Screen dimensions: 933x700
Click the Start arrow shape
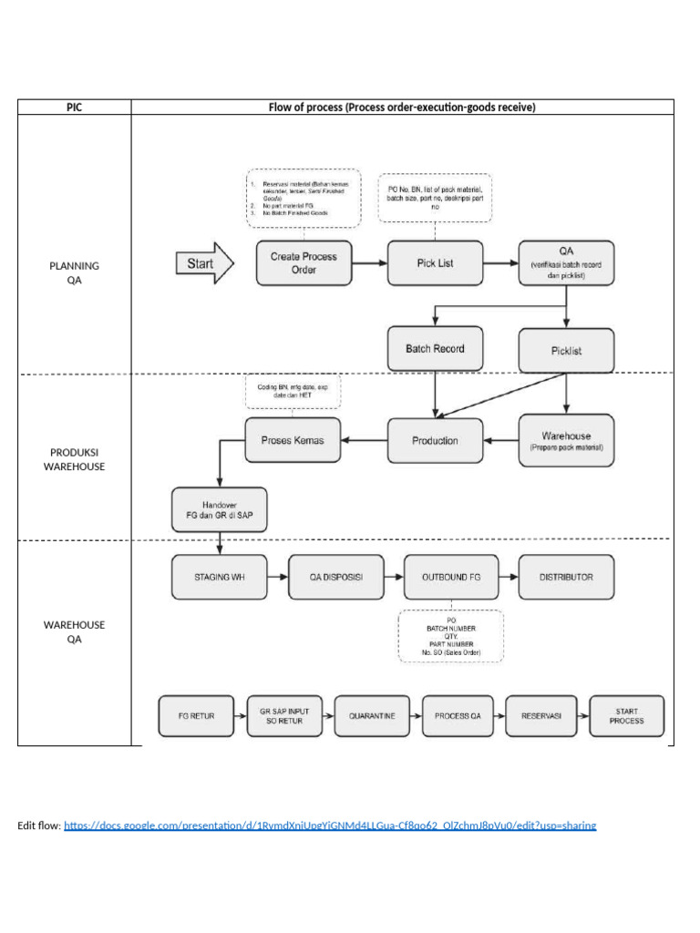[203, 264]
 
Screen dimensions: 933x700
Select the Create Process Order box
[304, 263]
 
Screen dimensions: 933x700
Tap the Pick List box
[435, 263]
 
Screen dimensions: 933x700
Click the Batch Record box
[435, 349]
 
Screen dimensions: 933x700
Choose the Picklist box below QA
[566, 351]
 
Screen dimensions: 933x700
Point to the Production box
[435, 440]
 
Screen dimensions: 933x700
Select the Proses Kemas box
[292, 440]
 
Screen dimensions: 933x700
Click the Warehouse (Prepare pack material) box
[566, 441]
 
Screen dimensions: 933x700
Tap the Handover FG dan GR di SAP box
[219, 509]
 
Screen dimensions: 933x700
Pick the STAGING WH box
[219, 578]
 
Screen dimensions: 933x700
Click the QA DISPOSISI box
[335, 578]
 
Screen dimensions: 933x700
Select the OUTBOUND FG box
[450, 578]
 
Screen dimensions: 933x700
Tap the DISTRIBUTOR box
[566, 578]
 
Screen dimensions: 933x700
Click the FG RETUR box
[196, 716]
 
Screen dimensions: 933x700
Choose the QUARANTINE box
[372, 716]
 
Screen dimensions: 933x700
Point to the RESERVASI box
[541, 716]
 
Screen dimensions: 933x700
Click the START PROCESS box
[627, 716]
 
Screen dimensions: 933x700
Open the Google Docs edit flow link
[330, 825]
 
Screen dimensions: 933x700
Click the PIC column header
[74, 107]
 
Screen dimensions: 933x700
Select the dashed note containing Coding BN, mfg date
[291, 393]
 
